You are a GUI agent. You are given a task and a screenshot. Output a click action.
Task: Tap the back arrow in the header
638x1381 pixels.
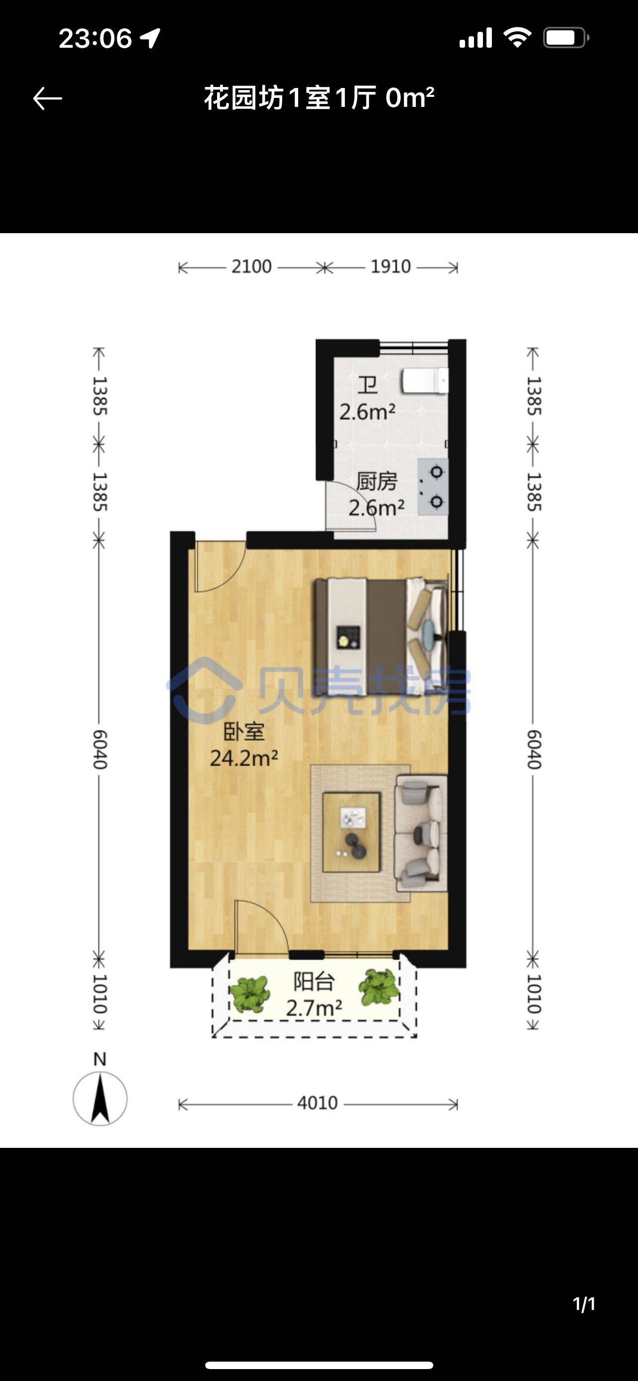point(47,98)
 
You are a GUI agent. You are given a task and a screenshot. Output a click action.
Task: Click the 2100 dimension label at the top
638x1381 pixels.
point(251,266)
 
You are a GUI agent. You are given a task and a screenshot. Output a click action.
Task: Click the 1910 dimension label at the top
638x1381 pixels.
point(391,266)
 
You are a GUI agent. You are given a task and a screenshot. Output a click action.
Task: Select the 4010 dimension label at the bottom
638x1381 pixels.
point(317,1103)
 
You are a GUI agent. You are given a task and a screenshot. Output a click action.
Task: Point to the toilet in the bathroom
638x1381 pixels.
point(425,381)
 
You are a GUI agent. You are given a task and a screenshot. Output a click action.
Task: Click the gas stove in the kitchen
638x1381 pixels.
point(433,487)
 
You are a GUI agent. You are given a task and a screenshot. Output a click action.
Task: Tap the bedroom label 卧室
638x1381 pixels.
point(244,732)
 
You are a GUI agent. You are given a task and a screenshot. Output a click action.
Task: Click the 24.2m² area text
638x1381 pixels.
point(244,758)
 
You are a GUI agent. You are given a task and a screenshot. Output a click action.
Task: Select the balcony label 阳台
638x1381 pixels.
point(314,982)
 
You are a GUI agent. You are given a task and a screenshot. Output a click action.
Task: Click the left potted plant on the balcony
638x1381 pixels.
point(249,994)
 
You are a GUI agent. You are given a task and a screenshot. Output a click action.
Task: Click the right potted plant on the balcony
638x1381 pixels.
point(379,987)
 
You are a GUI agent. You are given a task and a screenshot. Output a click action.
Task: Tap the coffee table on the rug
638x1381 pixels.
point(351,832)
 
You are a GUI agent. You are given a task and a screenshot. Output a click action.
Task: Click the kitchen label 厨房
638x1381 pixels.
point(377,481)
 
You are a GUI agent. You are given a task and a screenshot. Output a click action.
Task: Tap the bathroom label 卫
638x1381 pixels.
point(368,385)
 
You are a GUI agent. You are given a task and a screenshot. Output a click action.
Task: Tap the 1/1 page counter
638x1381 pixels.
point(584,1304)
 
